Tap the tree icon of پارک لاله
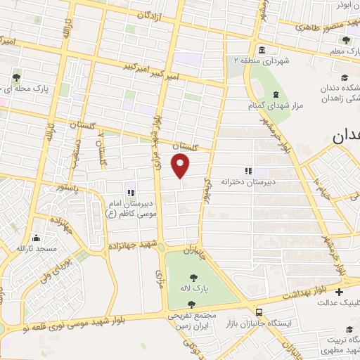click(x=194, y=277)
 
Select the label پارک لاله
click(x=194, y=290)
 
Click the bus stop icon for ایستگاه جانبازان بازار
click(x=259, y=311)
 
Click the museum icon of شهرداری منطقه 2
click(x=262, y=49)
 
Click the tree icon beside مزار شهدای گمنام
click(x=272, y=94)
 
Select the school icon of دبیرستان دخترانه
click(x=247, y=170)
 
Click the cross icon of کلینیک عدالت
click(x=340, y=292)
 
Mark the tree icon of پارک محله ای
click(x=16, y=77)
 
